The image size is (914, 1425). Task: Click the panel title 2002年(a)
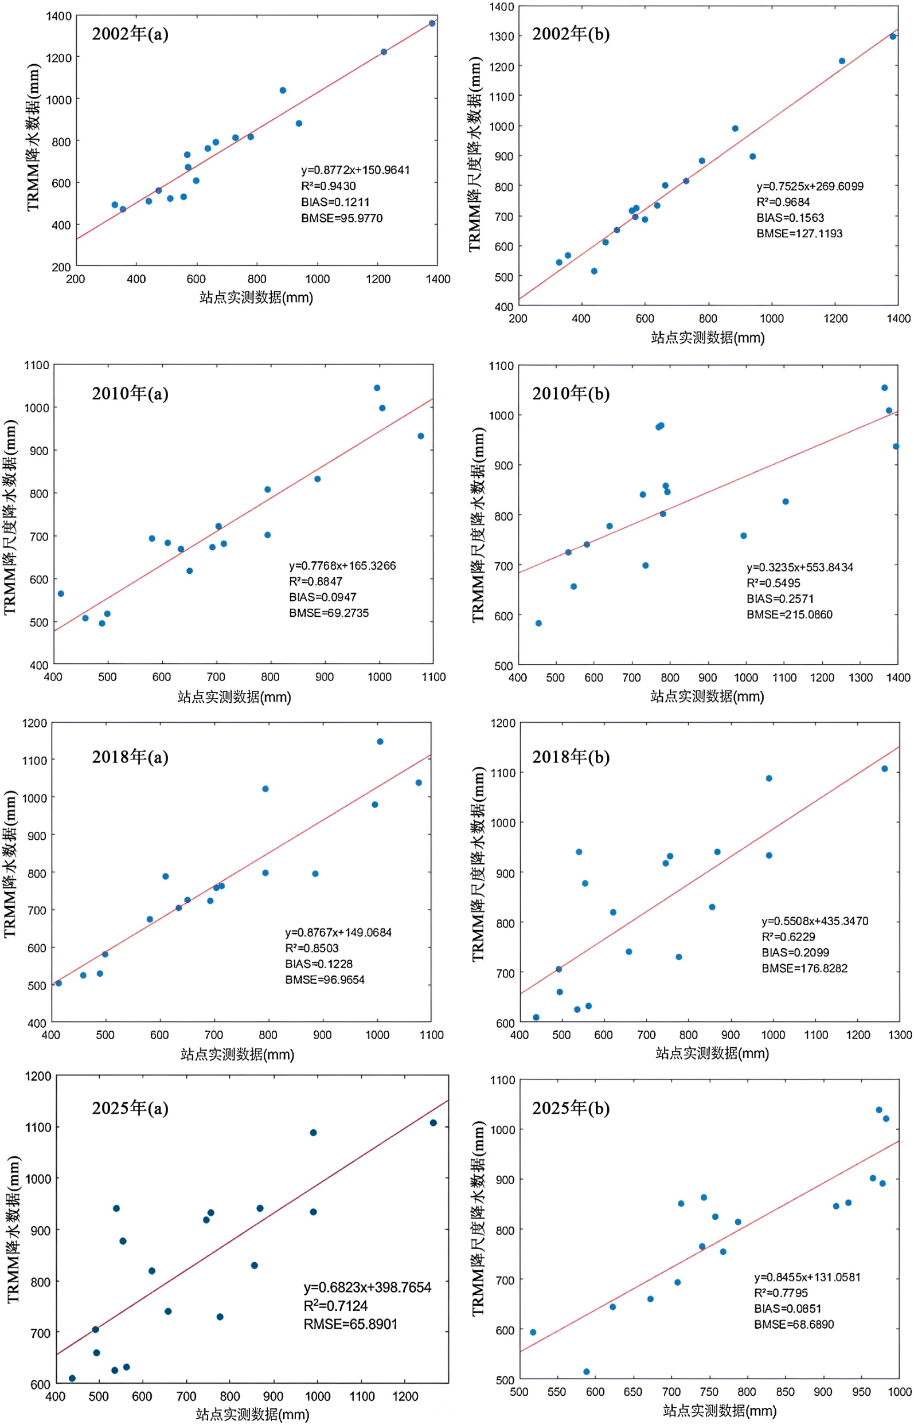(130, 34)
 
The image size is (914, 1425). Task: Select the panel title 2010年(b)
(571, 393)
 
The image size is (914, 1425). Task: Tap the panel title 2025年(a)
(130, 1108)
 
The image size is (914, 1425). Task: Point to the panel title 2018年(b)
(571, 757)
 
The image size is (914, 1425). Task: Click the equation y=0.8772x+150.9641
(355, 170)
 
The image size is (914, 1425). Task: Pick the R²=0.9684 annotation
(782, 202)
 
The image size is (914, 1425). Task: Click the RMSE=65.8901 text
(350, 1324)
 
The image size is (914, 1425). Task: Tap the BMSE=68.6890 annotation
(794, 1324)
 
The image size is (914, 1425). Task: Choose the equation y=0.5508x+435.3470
(814, 921)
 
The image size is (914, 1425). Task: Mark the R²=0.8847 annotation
(315, 581)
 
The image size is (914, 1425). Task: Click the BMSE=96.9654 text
(325, 980)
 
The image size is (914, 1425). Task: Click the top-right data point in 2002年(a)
(432, 24)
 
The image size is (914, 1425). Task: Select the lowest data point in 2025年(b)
(587, 1372)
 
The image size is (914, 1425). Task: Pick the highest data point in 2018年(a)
(380, 742)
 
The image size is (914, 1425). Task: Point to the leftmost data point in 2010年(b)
(538, 623)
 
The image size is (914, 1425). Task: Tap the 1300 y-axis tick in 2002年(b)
(502, 36)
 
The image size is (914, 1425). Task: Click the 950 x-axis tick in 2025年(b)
(861, 1392)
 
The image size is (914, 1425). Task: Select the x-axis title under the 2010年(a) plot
(234, 696)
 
